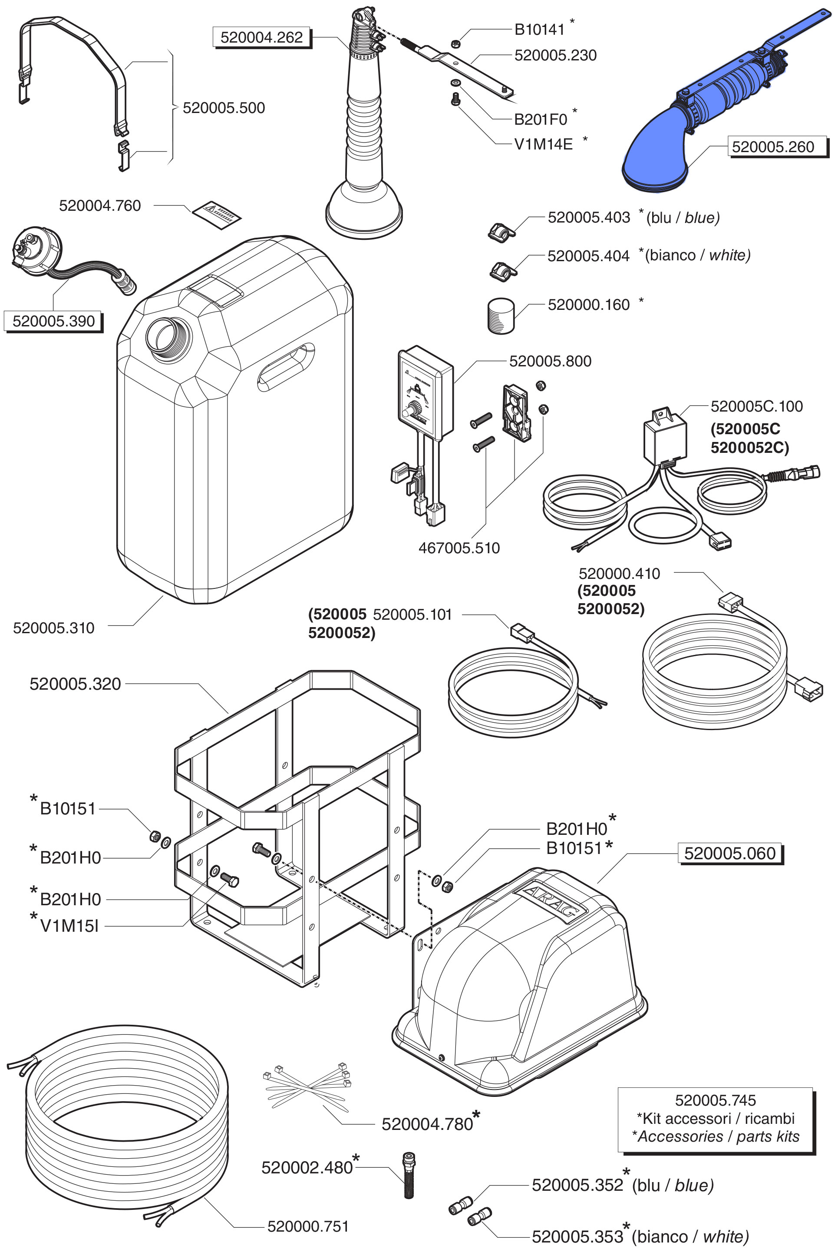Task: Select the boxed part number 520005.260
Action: click(x=772, y=146)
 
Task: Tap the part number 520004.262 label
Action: click(x=261, y=37)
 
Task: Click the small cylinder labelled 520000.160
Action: click(x=501, y=316)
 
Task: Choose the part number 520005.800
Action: click(x=550, y=361)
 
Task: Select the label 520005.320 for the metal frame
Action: click(x=76, y=684)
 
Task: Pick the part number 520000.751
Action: click(x=308, y=1226)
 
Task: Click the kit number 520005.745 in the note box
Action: click(x=715, y=1100)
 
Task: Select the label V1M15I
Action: click(x=69, y=926)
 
